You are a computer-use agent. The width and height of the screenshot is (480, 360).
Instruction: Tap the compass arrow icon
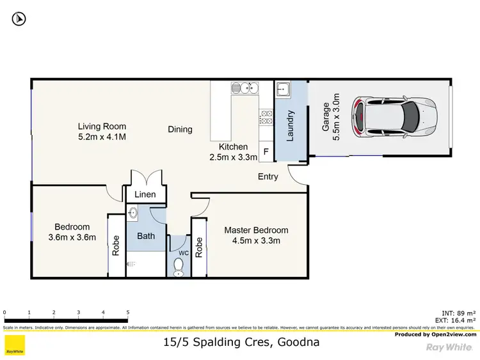pyautogui.click(x=19, y=19)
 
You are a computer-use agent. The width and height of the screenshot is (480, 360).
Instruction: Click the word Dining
pyautogui.click(x=180, y=129)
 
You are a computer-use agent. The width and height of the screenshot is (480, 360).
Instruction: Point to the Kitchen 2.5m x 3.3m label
pyautogui.click(x=233, y=152)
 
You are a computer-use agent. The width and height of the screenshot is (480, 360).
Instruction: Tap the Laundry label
pyautogui.click(x=290, y=126)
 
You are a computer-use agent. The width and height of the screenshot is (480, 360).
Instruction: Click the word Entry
pyautogui.click(x=268, y=176)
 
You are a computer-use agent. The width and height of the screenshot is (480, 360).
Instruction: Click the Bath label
pyautogui.click(x=146, y=236)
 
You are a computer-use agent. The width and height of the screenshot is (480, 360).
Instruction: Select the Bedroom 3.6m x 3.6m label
pyautogui.click(x=72, y=232)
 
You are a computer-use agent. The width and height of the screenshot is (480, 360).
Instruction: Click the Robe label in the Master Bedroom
pyautogui.click(x=198, y=247)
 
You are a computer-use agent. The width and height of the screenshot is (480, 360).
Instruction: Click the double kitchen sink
pyautogui.click(x=244, y=88)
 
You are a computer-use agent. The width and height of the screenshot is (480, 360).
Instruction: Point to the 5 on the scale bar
pyautogui.click(x=127, y=313)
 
